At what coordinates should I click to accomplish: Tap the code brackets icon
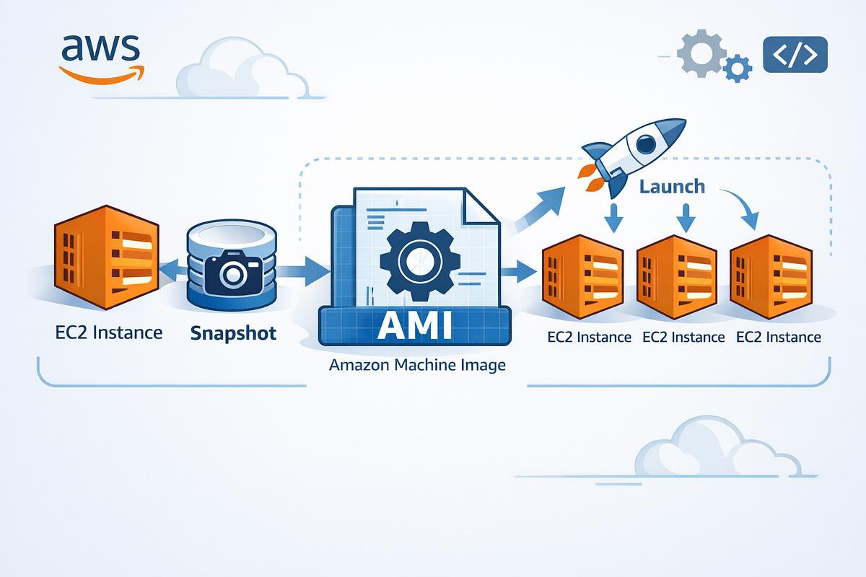(795, 55)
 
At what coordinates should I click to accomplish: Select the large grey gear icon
(701, 53)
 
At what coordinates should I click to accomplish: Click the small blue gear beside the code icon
(738, 69)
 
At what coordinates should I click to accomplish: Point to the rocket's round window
(646, 144)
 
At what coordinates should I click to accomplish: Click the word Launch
(672, 187)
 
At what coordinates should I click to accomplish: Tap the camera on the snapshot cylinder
(233, 272)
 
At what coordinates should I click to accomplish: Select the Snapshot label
(233, 333)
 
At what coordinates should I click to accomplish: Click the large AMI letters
(415, 325)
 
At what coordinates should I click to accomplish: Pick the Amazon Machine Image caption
(417, 365)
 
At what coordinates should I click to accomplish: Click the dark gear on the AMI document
(420, 261)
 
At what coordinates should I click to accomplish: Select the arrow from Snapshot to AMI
(303, 272)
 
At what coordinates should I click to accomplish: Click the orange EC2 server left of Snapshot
(107, 257)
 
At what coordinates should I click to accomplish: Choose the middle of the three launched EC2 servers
(677, 277)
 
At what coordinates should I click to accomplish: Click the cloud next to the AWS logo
(242, 69)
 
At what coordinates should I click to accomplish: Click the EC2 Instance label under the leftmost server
(109, 332)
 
